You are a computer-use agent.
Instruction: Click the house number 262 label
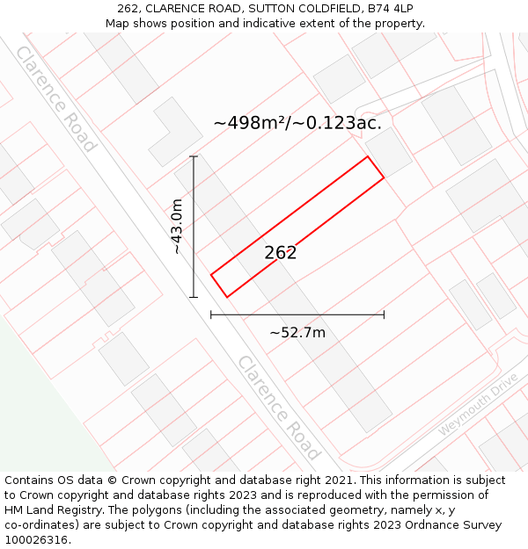[x=281, y=253]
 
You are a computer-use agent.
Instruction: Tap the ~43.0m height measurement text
[x=177, y=227]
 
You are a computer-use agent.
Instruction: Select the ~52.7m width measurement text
[x=297, y=332]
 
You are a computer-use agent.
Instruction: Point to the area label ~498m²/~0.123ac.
[x=297, y=123]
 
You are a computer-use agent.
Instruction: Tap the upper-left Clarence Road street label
[x=55, y=98]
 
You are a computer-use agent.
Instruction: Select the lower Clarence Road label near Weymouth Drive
[x=277, y=407]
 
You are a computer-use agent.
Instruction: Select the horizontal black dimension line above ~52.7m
[x=297, y=314]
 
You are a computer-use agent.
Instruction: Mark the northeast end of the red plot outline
[x=376, y=168]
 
